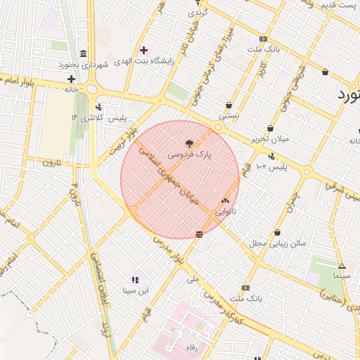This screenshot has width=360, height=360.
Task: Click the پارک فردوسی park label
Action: (x=190, y=153)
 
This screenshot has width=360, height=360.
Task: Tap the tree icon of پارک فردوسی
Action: (x=190, y=143)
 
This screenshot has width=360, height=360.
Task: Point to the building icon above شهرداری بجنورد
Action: (x=83, y=54)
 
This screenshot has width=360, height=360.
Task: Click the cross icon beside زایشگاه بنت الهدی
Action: (x=143, y=50)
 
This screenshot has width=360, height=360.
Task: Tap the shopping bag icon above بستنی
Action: (x=229, y=105)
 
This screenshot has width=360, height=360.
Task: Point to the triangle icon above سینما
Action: (x=342, y=266)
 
